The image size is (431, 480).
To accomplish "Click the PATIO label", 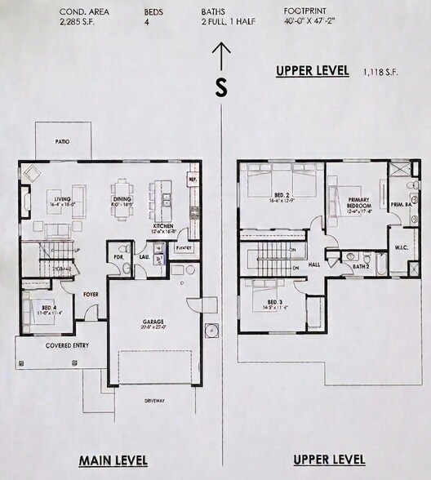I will (x=62, y=141).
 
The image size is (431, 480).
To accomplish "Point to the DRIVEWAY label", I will (x=154, y=401).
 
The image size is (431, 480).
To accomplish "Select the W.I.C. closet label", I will (x=400, y=247).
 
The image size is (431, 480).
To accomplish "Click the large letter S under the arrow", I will (x=220, y=89).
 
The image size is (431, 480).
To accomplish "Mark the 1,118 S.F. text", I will (x=380, y=73).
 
